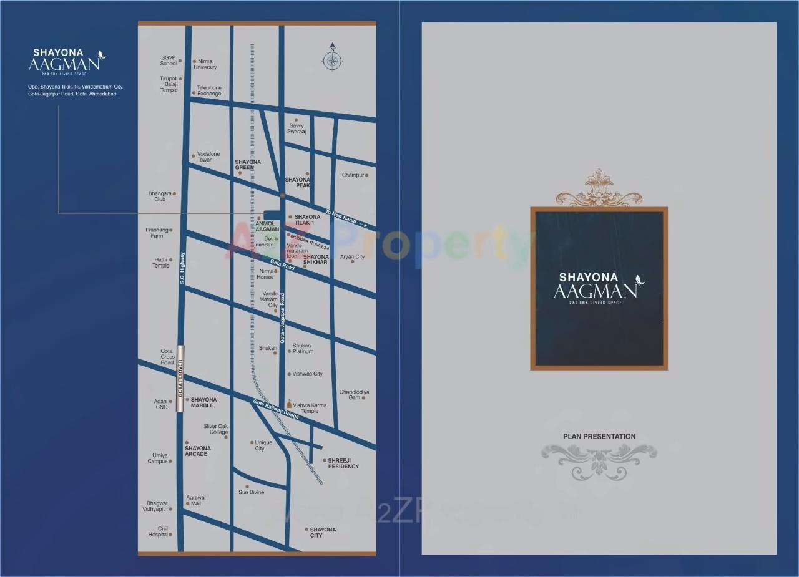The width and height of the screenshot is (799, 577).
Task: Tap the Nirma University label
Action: [205, 64]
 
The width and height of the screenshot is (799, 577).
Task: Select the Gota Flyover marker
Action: [181, 379]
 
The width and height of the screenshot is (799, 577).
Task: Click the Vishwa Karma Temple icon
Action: [288, 404]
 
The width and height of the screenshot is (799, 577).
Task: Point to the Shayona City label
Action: [323, 532]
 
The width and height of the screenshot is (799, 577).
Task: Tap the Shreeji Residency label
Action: [343, 463]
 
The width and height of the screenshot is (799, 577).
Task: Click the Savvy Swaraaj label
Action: [297, 128]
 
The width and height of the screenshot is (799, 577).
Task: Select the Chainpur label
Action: [353, 175]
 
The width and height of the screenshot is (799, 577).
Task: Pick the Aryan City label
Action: [352, 257]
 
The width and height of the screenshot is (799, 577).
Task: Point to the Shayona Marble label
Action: [203, 402]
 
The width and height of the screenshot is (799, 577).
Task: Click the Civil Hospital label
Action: [158, 531]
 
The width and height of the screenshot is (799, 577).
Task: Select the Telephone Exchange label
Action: [209, 90]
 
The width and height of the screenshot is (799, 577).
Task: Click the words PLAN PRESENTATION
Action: [599, 437]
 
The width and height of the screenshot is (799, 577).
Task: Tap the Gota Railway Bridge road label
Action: [276, 409]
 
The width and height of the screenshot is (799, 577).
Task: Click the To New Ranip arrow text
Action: [346, 220]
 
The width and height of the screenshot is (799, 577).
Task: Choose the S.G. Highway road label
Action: [182, 268]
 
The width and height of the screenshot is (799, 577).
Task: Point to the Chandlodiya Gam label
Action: [354, 395]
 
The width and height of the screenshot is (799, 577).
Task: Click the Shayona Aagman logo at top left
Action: [67, 61]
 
